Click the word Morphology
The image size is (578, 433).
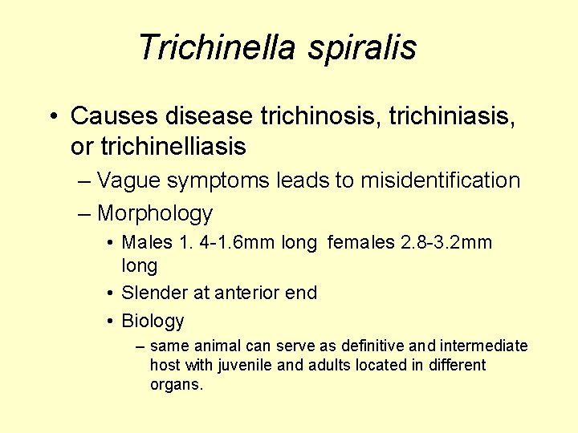(x=155, y=213)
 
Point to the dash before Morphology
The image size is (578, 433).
(x=85, y=213)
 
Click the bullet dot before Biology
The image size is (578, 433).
(x=109, y=322)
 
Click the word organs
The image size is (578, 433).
(x=177, y=384)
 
